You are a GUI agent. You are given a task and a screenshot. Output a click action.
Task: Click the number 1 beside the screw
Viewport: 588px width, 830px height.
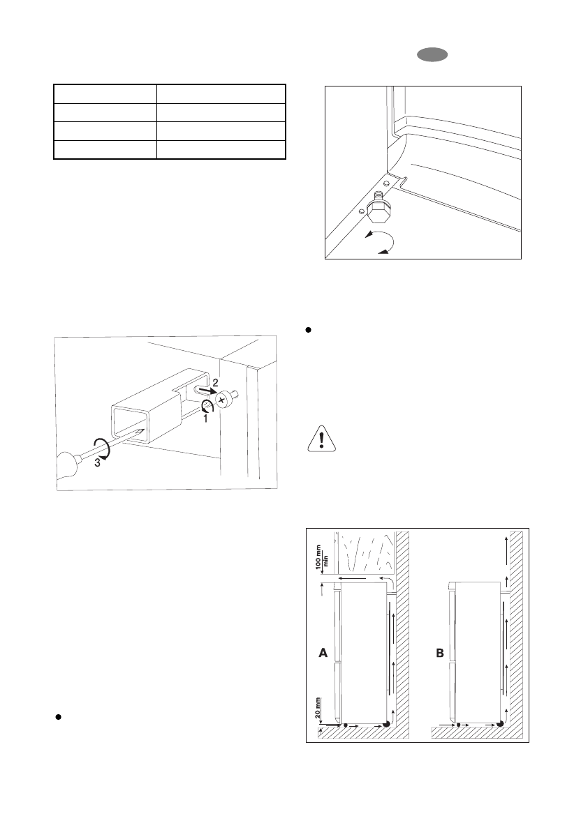click(x=205, y=418)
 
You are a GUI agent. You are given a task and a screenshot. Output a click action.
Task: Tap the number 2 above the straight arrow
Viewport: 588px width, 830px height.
click(x=216, y=383)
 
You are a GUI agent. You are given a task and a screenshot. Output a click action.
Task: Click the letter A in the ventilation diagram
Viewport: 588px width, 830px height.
click(x=323, y=654)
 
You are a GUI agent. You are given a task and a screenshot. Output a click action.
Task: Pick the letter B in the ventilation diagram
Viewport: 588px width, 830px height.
click(x=440, y=654)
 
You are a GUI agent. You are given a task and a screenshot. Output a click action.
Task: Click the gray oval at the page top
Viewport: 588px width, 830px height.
click(x=428, y=56)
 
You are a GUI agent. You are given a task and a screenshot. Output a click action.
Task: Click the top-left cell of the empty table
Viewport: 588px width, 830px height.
click(x=105, y=94)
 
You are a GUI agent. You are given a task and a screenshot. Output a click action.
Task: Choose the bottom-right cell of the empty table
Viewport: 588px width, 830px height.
click(x=220, y=150)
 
